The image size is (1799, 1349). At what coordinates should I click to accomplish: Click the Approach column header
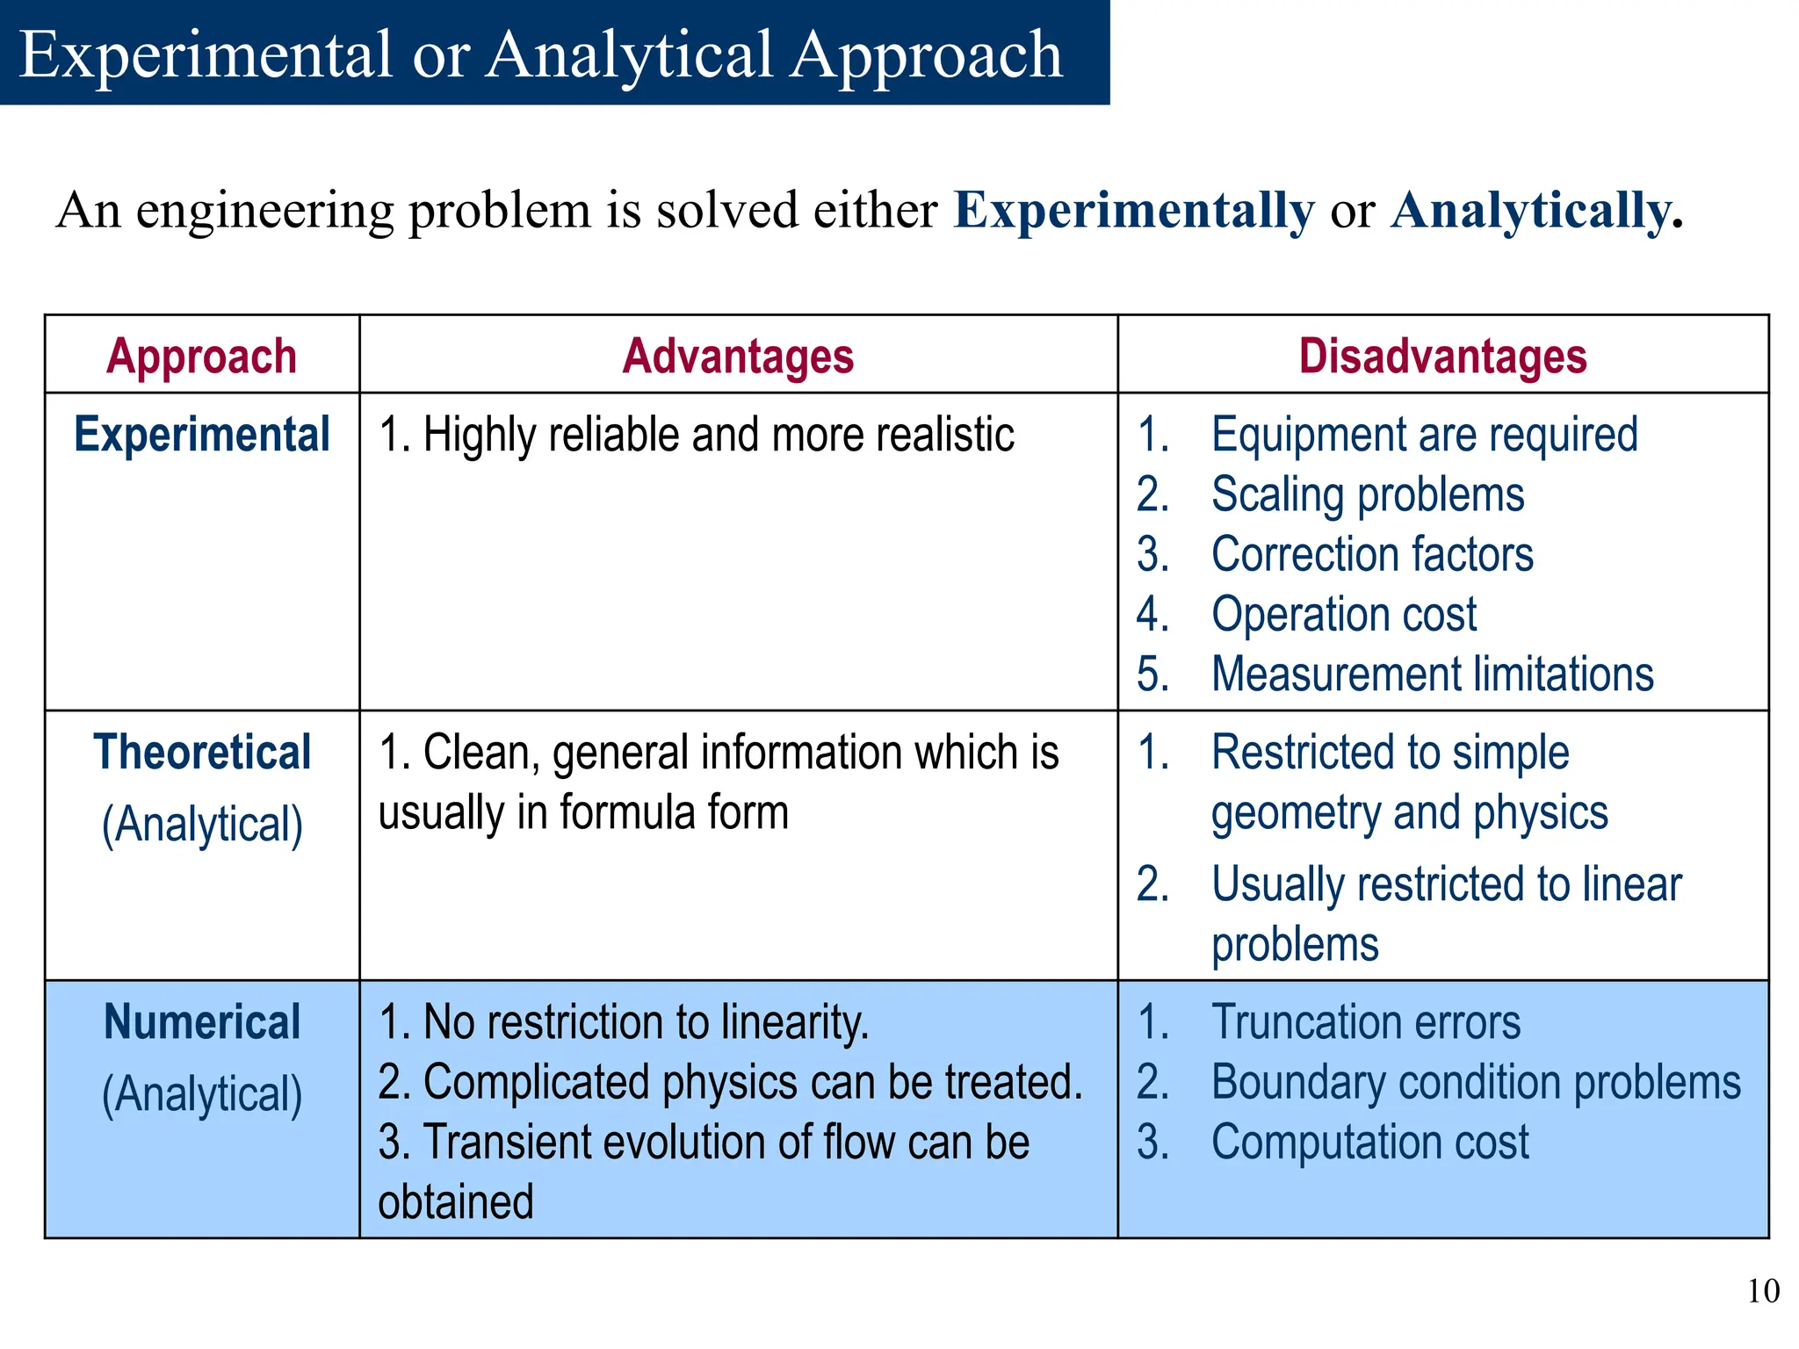click(201, 357)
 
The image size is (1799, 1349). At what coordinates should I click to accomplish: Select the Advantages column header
click(738, 357)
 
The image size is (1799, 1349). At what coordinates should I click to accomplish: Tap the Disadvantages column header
click(1442, 357)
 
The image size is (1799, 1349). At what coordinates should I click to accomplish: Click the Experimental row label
click(201, 435)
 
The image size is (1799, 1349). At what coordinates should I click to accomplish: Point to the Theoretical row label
click(201, 753)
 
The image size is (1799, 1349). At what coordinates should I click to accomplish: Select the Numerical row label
click(201, 1022)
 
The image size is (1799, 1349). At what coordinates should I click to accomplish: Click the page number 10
click(1763, 1291)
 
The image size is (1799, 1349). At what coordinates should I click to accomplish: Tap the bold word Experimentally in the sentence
click(1133, 211)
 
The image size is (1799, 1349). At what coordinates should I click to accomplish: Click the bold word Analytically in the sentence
click(1530, 211)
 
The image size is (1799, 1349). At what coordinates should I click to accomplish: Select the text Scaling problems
click(1367, 494)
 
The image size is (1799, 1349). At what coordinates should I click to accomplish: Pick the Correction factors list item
click(1371, 554)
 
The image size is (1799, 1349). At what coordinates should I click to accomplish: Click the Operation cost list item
click(1343, 614)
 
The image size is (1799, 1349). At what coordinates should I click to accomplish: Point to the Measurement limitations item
click(1432, 674)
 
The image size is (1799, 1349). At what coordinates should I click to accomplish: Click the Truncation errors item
click(1365, 1022)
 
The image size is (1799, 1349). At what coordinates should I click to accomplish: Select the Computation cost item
click(1369, 1143)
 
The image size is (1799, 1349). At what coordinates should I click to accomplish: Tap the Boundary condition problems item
click(1475, 1082)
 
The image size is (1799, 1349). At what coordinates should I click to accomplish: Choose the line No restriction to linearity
click(645, 1022)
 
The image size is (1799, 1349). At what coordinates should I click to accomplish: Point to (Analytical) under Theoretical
click(202, 825)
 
